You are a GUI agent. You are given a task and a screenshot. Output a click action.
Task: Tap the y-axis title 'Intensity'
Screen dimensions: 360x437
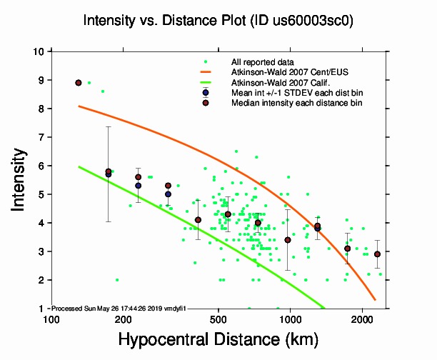[21, 179]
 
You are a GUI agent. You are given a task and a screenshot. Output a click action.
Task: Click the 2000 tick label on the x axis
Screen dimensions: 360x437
[362, 319]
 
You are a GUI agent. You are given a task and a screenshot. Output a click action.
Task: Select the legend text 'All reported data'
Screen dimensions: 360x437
[263, 62]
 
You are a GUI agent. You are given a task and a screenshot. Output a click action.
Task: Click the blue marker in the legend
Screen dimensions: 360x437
[206, 93]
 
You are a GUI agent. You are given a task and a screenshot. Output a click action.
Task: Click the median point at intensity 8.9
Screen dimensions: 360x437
[79, 83]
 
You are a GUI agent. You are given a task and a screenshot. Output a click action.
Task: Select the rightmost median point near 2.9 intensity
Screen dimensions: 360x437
[377, 254]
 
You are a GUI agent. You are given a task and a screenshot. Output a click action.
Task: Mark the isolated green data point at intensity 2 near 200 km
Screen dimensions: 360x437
[116, 279]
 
